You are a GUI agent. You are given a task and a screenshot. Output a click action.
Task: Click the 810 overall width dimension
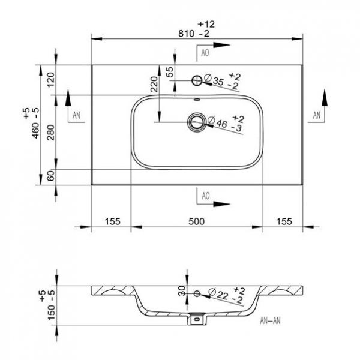tap(186, 34)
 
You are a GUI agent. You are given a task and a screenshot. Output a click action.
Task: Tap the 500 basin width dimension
tap(196, 221)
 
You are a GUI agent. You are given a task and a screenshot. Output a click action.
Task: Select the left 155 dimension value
tap(113, 221)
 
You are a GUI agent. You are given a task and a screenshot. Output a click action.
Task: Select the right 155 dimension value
tap(284, 221)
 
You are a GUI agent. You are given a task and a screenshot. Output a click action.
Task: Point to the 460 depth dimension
tap(35, 131)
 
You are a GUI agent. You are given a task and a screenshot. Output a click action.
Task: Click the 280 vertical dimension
tap(51, 133)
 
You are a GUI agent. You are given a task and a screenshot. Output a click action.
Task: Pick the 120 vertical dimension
tap(51, 79)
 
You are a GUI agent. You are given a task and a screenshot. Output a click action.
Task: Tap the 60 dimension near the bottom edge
tap(51, 176)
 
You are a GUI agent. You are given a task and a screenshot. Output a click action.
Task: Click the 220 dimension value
tap(154, 84)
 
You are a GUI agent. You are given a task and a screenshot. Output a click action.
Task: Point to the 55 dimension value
tap(170, 71)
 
